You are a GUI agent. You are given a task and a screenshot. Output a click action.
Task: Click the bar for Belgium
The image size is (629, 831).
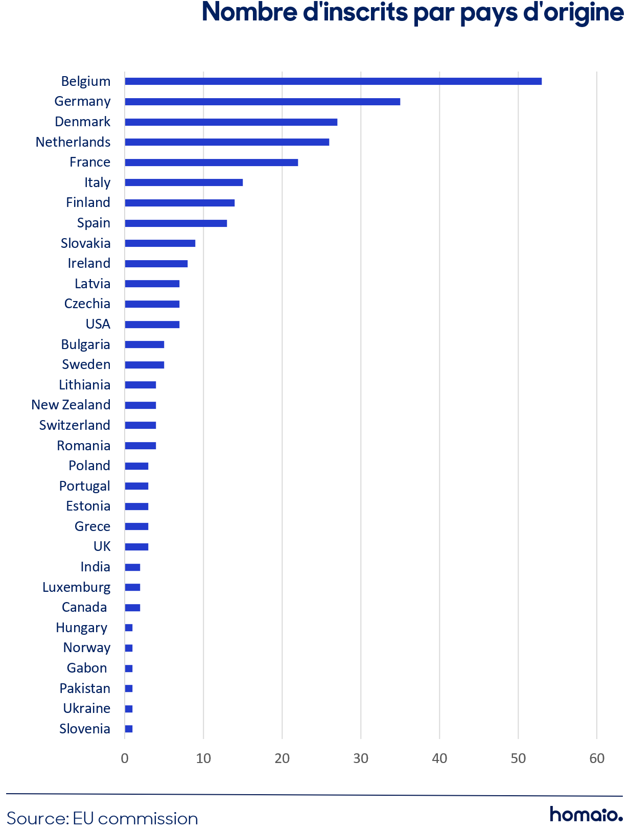click(333, 81)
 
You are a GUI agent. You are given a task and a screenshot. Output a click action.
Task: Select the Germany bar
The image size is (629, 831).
click(262, 102)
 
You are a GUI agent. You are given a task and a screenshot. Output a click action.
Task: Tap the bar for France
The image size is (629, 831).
click(211, 163)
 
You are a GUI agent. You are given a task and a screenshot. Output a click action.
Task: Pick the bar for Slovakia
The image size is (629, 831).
click(160, 243)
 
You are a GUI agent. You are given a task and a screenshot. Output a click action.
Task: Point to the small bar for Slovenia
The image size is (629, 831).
click(129, 729)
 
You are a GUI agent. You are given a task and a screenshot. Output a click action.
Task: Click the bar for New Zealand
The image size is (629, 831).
click(141, 405)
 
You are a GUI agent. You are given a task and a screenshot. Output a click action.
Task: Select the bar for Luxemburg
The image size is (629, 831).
click(132, 587)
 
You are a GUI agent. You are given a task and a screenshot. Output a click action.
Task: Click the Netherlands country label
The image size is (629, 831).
click(73, 142)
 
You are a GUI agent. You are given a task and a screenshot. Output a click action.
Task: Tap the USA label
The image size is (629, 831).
click(98, 324)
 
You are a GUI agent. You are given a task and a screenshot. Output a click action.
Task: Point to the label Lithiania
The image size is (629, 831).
click(85, 385)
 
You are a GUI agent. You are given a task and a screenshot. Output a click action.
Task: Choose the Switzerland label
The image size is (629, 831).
click(75, 425)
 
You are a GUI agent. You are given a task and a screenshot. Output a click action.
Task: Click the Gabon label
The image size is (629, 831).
click(87, 668)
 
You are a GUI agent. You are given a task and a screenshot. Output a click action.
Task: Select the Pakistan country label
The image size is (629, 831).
click(85, 688)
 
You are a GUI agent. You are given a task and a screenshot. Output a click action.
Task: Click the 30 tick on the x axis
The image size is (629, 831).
click(361, 758)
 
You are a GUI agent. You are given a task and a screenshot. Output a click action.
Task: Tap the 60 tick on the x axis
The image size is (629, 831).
click(597, 758)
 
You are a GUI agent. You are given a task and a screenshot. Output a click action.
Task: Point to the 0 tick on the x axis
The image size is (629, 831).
click(125, 758)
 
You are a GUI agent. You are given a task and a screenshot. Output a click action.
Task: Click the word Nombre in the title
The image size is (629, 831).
click(250, 12)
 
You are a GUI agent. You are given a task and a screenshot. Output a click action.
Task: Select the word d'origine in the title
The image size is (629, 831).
click(573, 13)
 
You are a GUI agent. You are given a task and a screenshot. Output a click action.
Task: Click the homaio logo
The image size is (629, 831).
click(586, 814)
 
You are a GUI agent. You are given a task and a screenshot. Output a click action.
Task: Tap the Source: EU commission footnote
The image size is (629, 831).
click(102, 819)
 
